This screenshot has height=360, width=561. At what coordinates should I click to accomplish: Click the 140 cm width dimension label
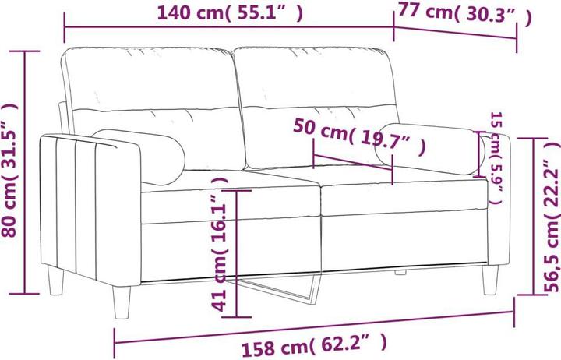tap(229, 12)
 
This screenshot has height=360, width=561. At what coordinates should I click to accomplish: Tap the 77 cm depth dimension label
tap(464, 15)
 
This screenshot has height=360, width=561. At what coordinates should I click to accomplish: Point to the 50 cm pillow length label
tap(359, 138)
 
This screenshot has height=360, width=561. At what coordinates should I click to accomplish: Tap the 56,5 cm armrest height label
tap(549, 227)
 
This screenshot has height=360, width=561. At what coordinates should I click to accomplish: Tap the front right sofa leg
tap(491, 280)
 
